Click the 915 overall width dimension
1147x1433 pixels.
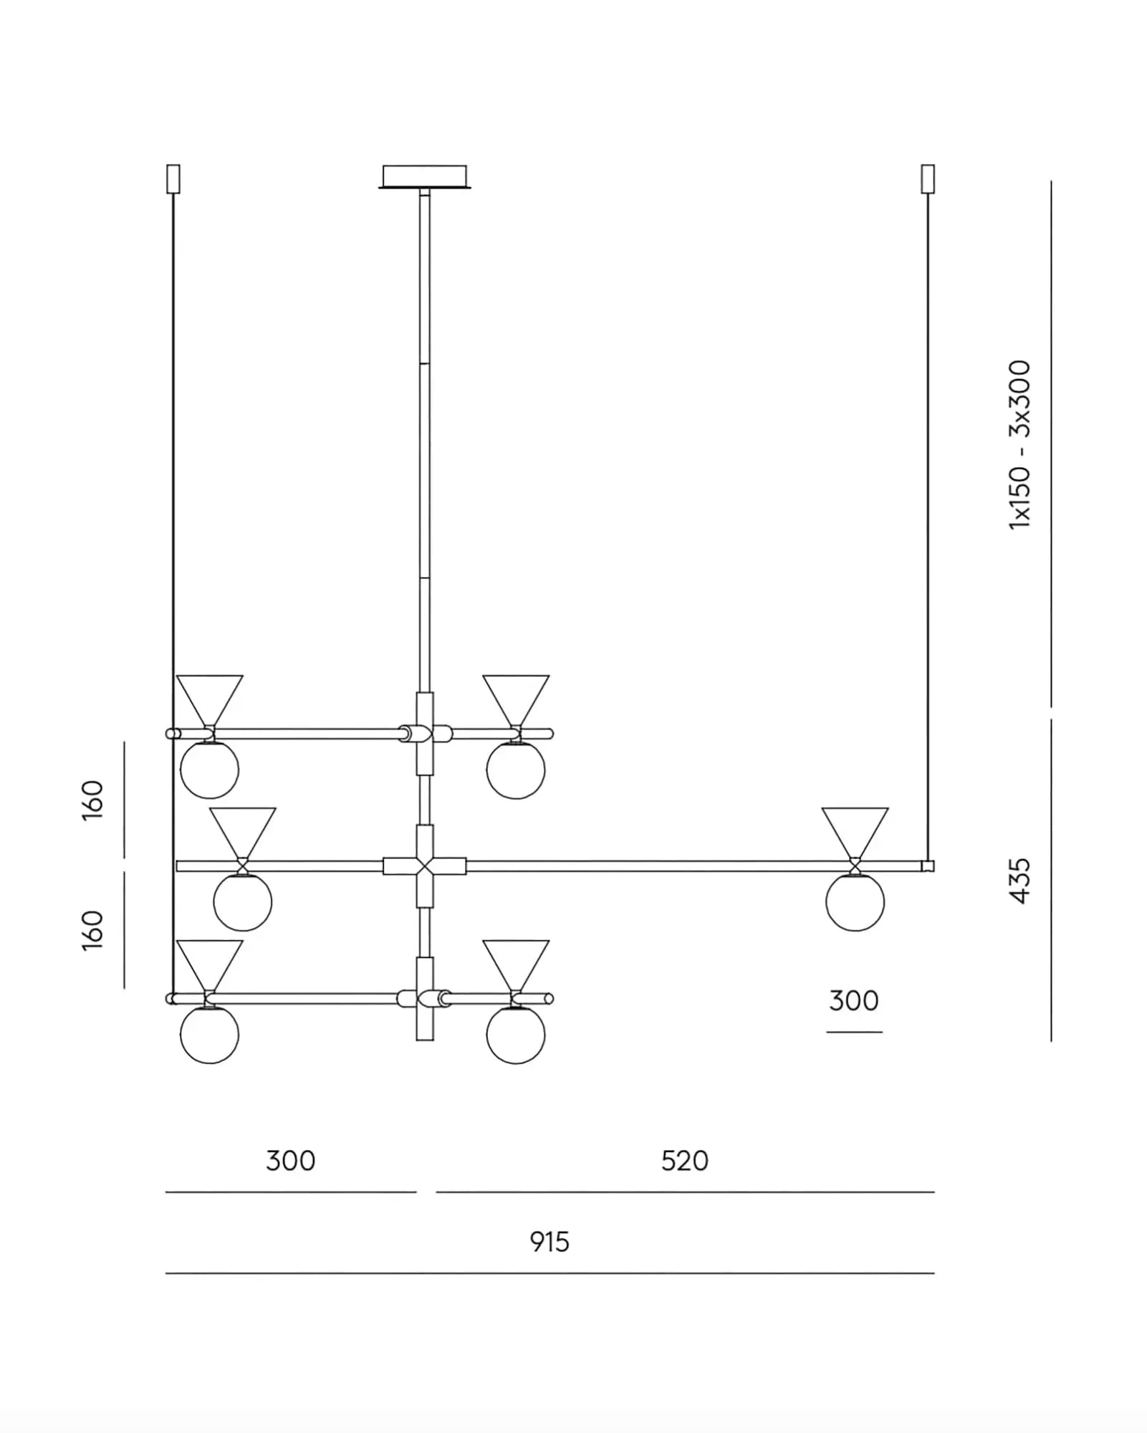(549, 1242)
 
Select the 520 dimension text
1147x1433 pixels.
(685, 1161)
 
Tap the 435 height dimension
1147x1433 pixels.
(1019, 881)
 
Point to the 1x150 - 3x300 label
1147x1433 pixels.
(1019, 445)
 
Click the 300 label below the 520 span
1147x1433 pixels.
(854, 1001)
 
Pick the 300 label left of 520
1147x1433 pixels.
(290, 1161)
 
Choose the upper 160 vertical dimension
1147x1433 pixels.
(93, 800)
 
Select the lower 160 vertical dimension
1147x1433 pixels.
(93, 930)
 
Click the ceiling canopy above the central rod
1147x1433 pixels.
(425, 177)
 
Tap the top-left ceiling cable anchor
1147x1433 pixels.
(173, 179)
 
